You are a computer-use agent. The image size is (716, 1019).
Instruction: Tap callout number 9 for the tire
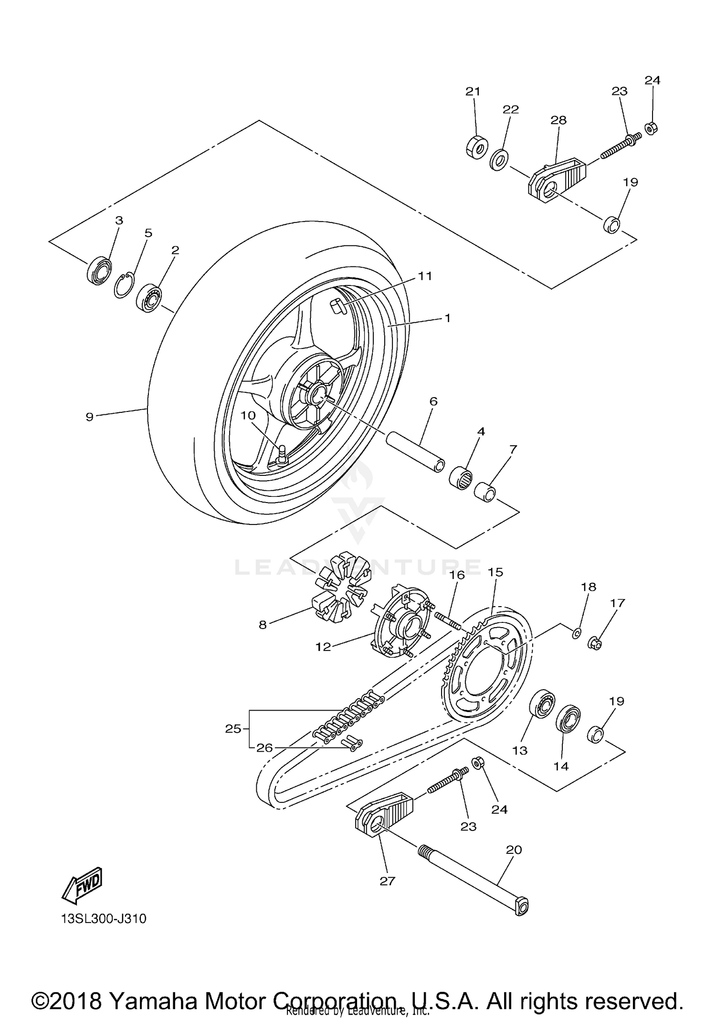(x=90, y=417)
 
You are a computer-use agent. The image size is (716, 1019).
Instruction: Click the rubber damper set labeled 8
(x=340, y=595)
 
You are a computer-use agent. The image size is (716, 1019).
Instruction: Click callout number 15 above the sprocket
(x=495, y=572)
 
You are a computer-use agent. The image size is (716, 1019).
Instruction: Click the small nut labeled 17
(x=595, y=643)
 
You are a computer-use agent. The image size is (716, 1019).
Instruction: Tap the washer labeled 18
(x=576, y=633)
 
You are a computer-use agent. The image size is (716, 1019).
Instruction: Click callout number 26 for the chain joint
(x=264, y=747)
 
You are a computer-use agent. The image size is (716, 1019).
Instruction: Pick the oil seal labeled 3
(x=99, y=271)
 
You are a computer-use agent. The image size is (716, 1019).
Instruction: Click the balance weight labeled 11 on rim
(x=340, y=306)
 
